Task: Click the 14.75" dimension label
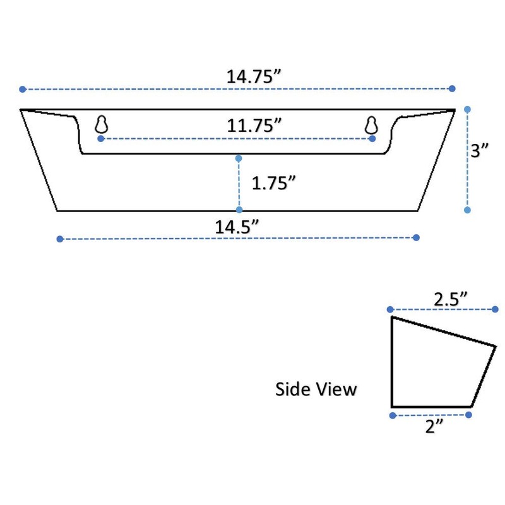(x=254, y=76)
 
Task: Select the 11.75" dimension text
(x=254, y=125)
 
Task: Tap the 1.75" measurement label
(x=274, y=183)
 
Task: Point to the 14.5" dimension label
(x=237, y=227)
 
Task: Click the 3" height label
(x=480, y=150)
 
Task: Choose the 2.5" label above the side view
(x=450, y=299)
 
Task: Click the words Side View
(x=316, y=389)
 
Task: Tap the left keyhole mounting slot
(x=101, y=124)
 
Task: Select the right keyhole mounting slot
(x=371, y=124)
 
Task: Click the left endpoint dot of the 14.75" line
(x=23, y=89)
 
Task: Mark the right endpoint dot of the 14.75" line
(x=452, y=89)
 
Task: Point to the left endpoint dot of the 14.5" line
(x=60, y=239)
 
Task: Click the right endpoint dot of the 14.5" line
(x=416, y=237)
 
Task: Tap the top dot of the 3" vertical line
(x=467, y=110)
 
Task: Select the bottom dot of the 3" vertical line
(x=467, y=210)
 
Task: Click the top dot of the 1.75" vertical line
(x=239, y=158)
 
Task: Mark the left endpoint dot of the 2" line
(x=393, y=415)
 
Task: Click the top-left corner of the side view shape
(x=392, y=318)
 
